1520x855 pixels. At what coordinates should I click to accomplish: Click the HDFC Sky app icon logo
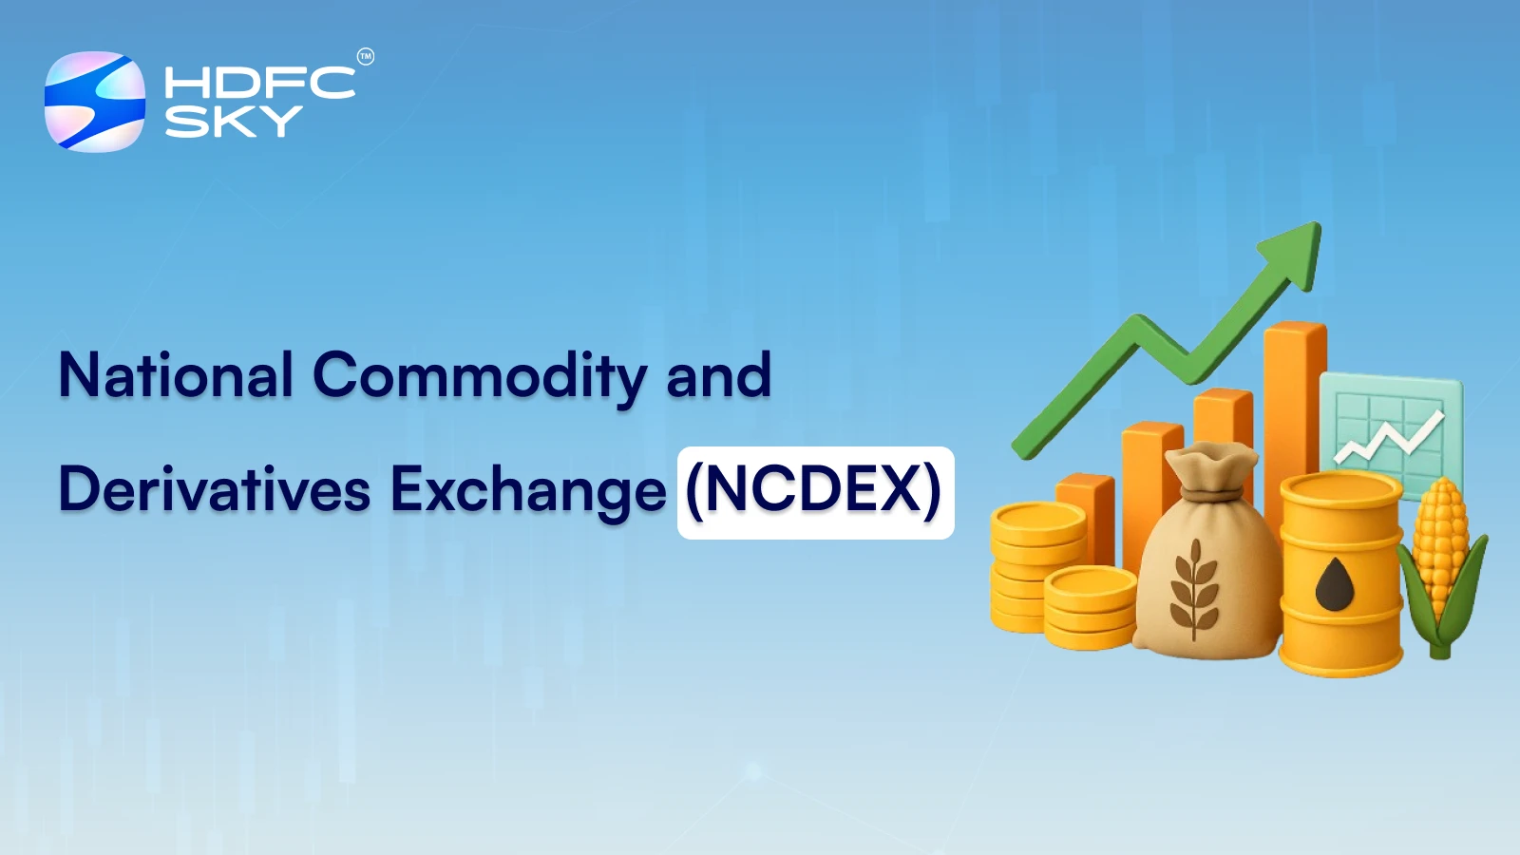[94, 101]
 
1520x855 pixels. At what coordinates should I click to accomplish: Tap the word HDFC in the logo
[260, 83]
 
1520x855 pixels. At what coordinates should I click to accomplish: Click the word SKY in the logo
[234, 122]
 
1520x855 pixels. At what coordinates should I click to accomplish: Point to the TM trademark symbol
[365, 57]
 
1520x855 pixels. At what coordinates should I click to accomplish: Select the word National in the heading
[177, 374]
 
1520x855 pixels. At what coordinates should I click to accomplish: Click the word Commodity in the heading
[479, 377]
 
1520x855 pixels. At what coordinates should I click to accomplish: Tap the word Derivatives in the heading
[215, 488]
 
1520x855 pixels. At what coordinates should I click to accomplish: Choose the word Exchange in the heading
[528, 492]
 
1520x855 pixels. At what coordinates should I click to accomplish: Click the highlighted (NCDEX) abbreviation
[816, 492]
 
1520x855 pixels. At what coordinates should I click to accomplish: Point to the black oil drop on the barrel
[1335, 584]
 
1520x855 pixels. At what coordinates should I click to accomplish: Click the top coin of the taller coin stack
[1038, 522]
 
